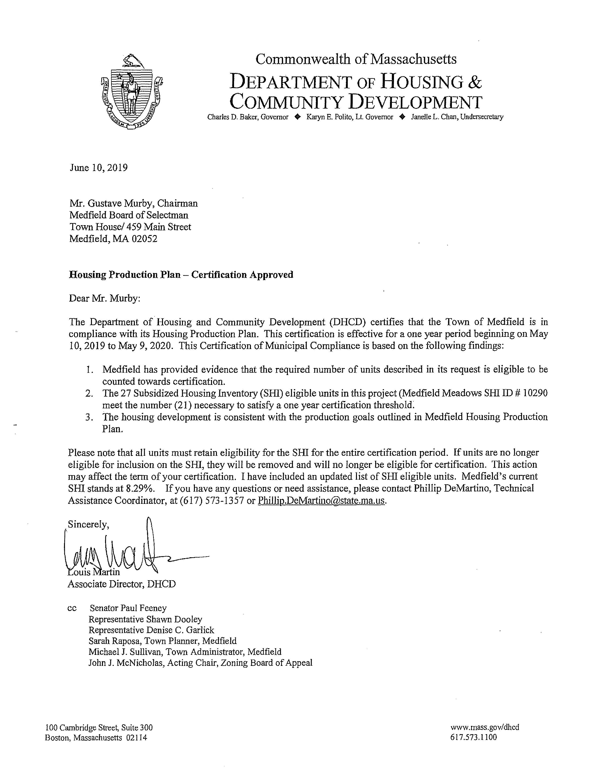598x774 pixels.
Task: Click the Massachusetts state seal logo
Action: pyautogui.click(x=131, y=91)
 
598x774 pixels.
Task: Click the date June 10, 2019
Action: pyautogui.click(x=98, y=168)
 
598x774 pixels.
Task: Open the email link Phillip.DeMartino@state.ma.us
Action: pyautogui.click(x=321, y=501)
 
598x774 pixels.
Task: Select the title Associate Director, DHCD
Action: pyautogui.click(x=121, y=584)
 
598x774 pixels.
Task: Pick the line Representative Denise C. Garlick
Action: pyautogui.click(x=151, y=630)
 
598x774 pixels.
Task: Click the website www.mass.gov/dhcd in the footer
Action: pyautogui.click(x=485, y=727)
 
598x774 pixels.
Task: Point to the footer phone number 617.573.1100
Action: pyautogui.click(x=474, y=737)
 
